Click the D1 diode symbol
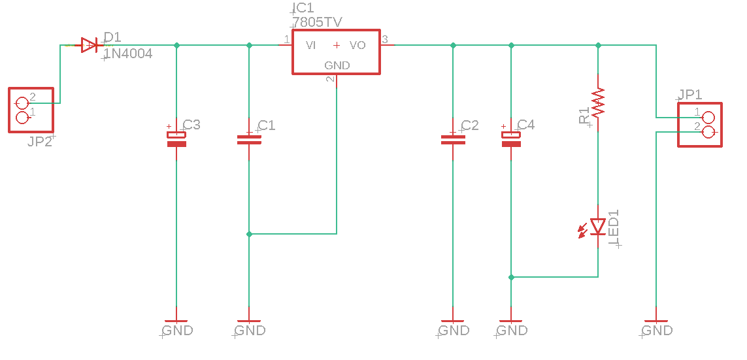(90, 45)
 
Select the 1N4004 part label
(129, 55)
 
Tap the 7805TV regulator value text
(318, 22)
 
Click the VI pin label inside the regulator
(311, 45)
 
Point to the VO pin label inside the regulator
(357, 45)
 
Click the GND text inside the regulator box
(337, 65)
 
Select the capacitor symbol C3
(176, 139)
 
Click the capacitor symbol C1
(249, 139)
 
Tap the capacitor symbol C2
(452, 139)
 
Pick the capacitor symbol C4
(511, 139)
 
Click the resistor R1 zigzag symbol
(598, 102)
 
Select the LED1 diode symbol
(598, 226)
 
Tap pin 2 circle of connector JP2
(22, 103)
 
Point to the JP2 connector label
(40, 141)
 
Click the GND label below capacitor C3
(177, 330)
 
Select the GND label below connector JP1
(657, 330)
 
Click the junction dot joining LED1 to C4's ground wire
(511, 277)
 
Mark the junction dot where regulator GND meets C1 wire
(249, 234)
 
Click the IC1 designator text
(304, 8)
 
